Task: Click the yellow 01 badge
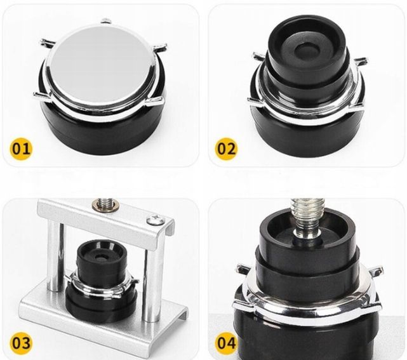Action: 22,149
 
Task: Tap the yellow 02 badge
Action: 226,149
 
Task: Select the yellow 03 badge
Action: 21,343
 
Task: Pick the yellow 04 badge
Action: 226,343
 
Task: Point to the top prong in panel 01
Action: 105,21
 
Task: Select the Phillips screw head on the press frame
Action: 156,219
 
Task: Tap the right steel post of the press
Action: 150,286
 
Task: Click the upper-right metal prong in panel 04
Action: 376,270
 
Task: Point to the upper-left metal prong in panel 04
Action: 244,269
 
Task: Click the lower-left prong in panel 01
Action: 41,95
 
